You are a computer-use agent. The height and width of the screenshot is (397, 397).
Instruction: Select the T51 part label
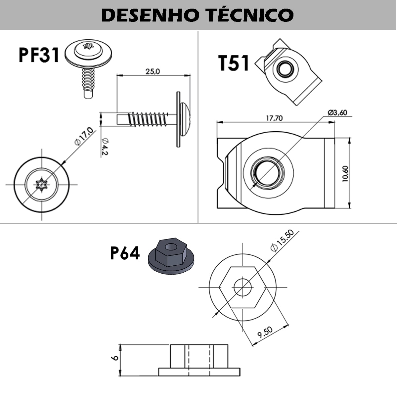tap(234, 63)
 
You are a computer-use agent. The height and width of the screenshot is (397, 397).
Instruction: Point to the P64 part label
tap(125, 254)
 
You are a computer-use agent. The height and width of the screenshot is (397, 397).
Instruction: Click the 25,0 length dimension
tap(153, 71)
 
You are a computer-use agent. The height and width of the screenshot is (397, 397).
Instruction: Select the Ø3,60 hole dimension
tap(337, 112)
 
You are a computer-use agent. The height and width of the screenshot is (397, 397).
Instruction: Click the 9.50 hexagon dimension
tap(265, 332)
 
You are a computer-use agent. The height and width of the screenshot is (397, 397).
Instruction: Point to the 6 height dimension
tap(116, 358)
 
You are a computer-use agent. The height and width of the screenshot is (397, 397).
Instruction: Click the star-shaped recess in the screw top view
tap(41, 185)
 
